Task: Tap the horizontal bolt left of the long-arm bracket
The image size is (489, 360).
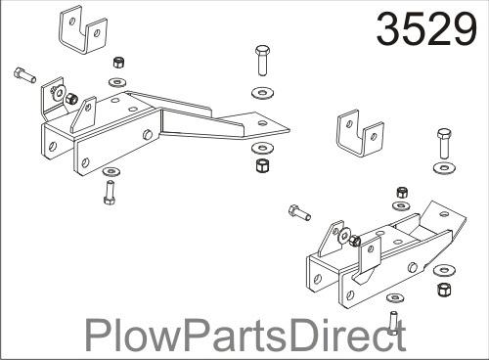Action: coord(25,73)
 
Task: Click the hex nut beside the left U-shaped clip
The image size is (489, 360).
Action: coord(118,61)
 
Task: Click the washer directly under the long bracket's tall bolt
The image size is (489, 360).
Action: coord(263,93)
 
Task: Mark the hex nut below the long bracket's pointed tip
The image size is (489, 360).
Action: coord(262,164)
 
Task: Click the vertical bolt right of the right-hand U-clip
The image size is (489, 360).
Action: coord(443,149)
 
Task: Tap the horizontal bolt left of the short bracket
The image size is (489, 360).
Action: coord(299,211)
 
